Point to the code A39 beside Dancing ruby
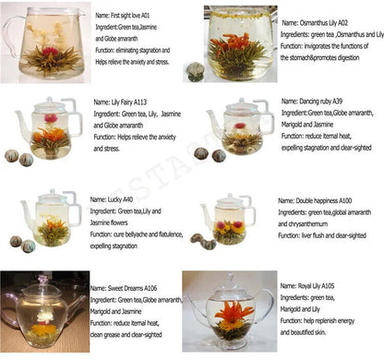tap(341, 102)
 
